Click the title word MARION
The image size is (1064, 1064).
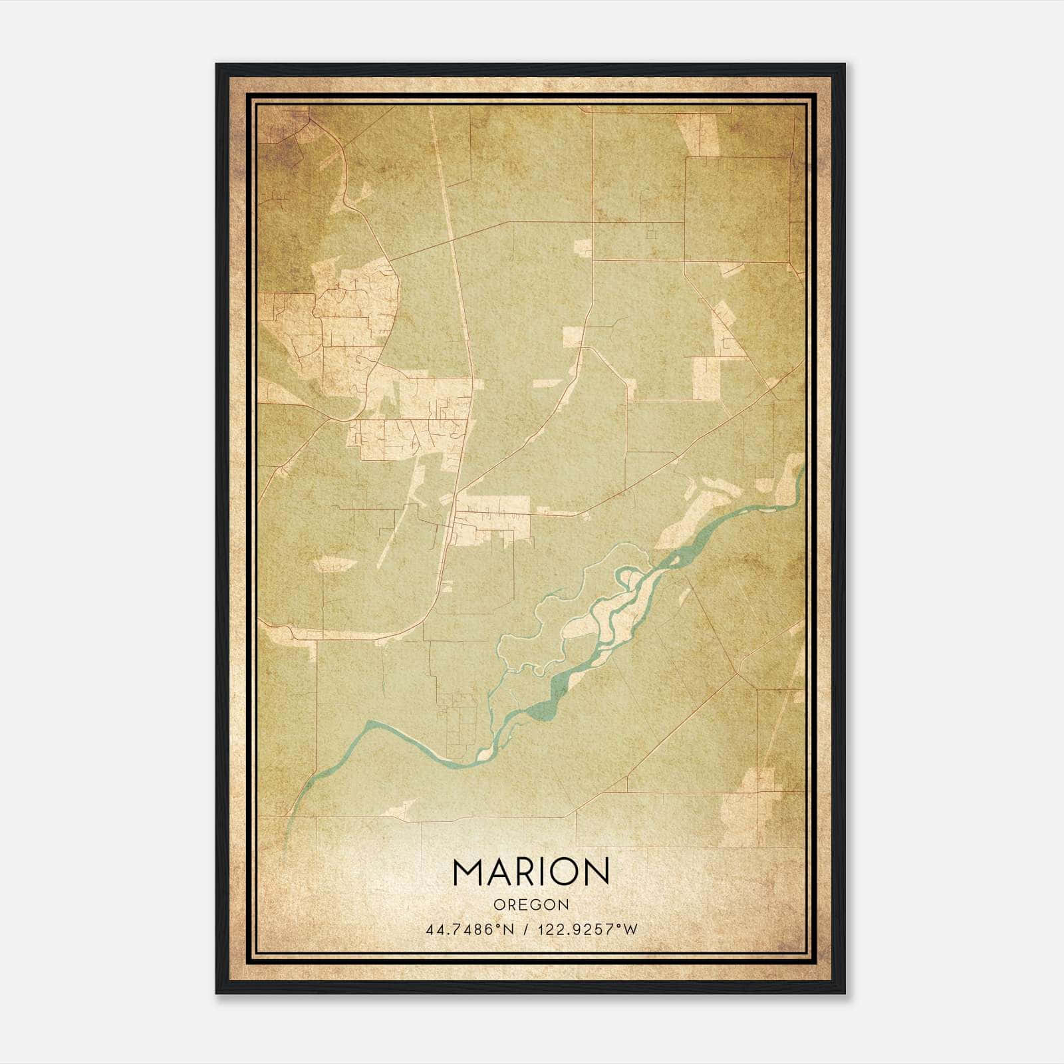tap(531, 872)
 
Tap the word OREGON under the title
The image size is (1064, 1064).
tap(531, 905)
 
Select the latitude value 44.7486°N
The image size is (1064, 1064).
tap(469, 929)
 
